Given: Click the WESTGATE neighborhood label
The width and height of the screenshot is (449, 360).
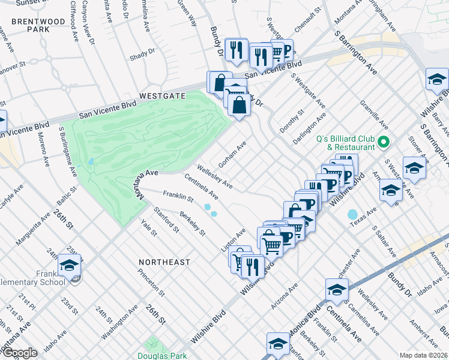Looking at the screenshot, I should (162, 95).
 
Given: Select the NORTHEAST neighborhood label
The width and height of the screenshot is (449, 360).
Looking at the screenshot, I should (164, 262).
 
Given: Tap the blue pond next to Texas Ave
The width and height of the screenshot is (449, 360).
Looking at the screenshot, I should (352, 214).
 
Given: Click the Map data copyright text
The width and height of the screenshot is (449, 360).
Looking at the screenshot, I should (424, 355).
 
